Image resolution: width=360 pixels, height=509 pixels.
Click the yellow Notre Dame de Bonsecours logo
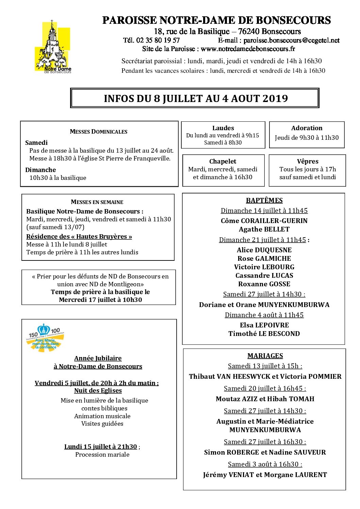(x=53, y=47)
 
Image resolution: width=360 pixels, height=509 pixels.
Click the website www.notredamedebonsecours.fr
(x=248, y=49)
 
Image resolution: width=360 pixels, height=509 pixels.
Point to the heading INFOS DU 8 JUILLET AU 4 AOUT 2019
(x=196, y=99)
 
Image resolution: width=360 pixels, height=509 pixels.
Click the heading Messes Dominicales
(x=98, y=132)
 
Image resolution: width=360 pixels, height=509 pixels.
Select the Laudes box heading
(x=223, y=128)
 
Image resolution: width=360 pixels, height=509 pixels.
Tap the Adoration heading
(x=307, y=128)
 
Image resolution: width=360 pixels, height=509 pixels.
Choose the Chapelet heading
(x=223, y=161)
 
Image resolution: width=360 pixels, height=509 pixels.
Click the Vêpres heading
(x=308, y=161)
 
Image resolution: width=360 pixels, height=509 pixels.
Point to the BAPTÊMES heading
(x=264, y=200)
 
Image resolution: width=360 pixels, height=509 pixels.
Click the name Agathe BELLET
(x=264, y=229)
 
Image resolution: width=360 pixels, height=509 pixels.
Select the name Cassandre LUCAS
(x=264, y=275)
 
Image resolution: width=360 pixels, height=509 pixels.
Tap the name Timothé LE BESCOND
(x=264, y=334)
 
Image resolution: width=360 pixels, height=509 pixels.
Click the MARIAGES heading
(x=265, y=356)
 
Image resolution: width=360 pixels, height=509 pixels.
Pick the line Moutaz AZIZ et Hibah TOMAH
(x=265, y=399)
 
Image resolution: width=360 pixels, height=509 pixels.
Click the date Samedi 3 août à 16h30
(x=265, y=464)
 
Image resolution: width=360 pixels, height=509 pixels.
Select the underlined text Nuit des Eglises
(x=98, y=391)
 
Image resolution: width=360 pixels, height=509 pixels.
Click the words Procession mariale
(x=102, y=455)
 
